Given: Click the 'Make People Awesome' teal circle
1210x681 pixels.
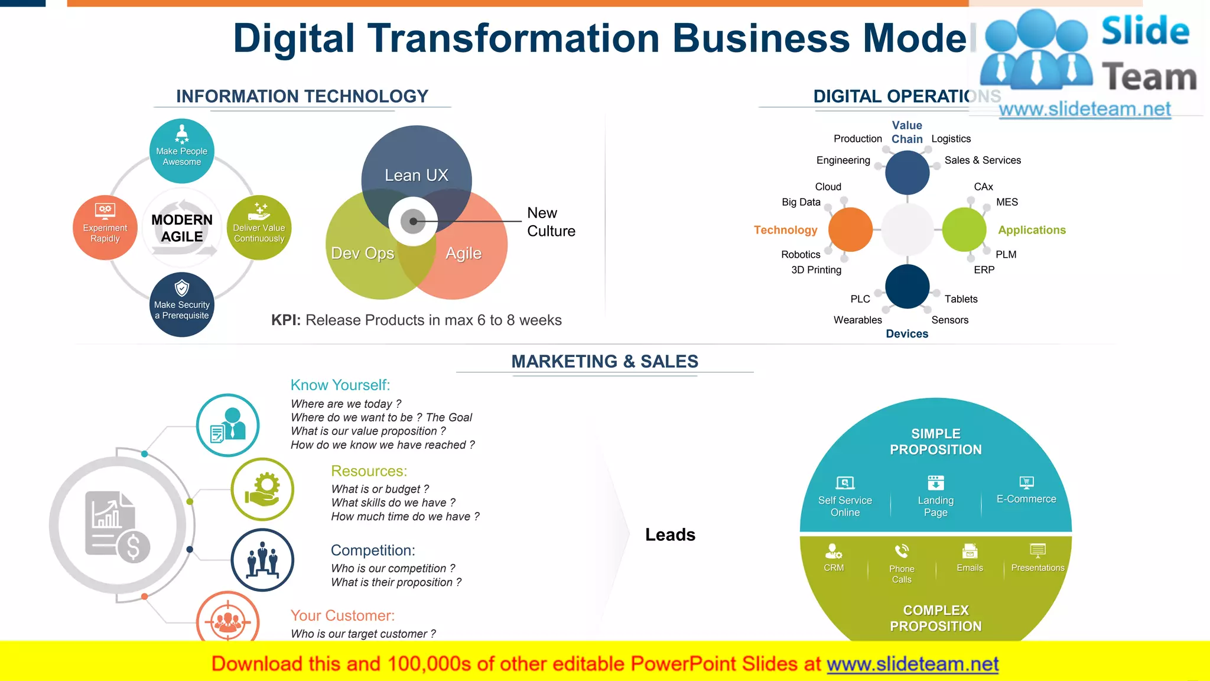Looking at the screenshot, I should tap(181, 151).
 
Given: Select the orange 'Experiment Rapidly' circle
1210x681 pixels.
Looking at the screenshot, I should tap(105, 228).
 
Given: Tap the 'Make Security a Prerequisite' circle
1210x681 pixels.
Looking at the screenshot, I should tap(181, 304).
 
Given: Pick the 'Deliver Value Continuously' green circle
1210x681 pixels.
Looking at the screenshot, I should tap(259, 228).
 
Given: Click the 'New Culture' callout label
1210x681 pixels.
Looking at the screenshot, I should tap(551, 222).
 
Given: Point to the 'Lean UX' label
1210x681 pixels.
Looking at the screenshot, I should tap(416, 175).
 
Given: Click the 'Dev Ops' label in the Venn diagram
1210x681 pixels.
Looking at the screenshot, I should tap(362, 253).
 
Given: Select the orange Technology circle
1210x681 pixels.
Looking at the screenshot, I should tap(850, 229).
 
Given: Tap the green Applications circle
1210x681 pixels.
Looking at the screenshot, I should tap(964, 229).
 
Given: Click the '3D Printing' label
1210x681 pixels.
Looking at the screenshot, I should tap(816, 270).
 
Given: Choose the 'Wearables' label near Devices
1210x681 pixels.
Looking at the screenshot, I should tap(857, 320).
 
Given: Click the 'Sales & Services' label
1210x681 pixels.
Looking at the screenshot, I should tap(983, 160).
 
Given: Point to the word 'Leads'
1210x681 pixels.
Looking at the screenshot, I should tap(670, 534).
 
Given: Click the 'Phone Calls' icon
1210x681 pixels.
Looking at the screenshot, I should tap(902, 551).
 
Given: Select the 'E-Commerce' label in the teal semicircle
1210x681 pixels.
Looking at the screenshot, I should tap(1026, 499).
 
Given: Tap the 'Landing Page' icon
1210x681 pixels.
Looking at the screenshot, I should tap(936, 482).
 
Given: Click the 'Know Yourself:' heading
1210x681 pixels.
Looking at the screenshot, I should tap(340, 385).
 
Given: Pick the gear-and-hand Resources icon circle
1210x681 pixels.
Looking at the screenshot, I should tap(262, 489).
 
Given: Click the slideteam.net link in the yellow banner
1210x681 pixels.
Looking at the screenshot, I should tap(912, 664).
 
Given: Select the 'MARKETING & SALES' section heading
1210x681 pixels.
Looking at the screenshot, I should tap(604, 361).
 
